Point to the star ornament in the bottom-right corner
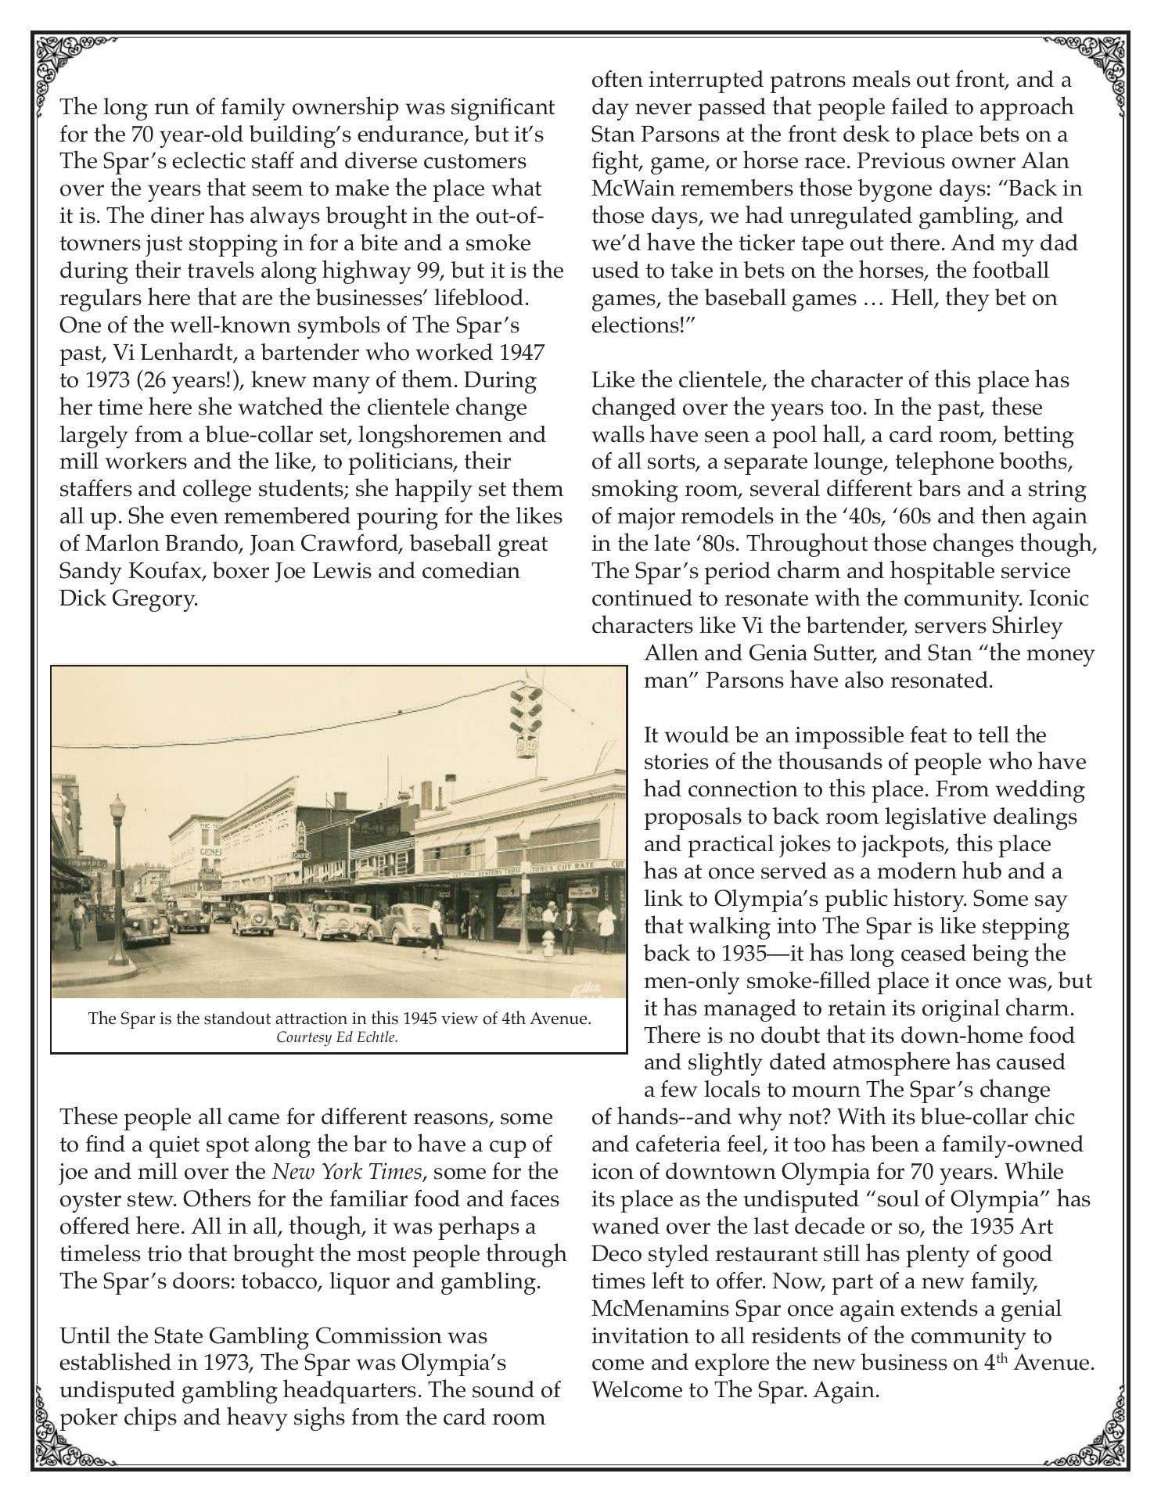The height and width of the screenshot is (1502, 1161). [1109, 1450]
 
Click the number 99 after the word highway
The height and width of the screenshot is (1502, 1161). [423, 271]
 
